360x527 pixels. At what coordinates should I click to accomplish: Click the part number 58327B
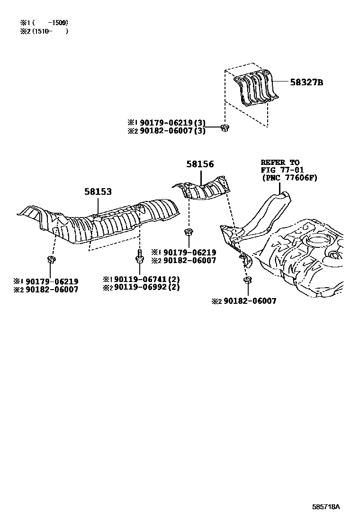306,82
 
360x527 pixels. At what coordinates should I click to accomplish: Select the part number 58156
200,164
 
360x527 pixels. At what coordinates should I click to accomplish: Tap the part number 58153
98,192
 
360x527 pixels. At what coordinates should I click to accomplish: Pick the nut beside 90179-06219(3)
225,127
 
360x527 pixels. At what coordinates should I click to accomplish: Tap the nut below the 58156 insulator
188,232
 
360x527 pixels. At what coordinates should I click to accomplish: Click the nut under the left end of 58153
51,259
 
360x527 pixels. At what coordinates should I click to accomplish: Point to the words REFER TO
280,163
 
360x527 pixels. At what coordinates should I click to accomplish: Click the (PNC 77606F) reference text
289,177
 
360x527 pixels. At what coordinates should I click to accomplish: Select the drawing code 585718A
326,507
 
